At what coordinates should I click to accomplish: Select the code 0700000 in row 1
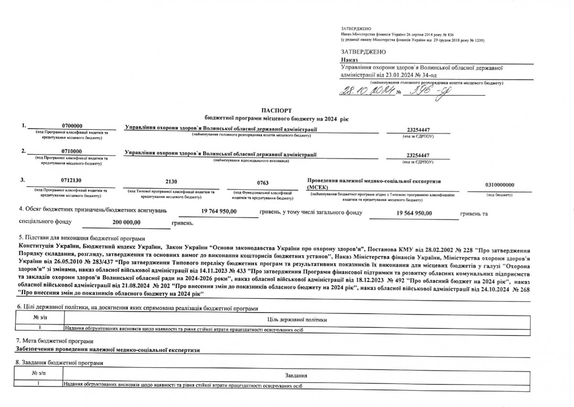click(72, 125)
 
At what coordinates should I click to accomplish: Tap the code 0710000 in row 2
click(72, 152)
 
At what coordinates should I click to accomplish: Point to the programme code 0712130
click(71, 181)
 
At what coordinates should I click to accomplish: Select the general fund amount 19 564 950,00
click(414, 212)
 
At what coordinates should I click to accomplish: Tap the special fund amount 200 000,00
click(123, 222)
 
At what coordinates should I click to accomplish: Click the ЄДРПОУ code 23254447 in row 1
click(418, 130)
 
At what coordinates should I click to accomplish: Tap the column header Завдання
click(296, 375)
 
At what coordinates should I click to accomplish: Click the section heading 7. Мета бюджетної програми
click(48, 341)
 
